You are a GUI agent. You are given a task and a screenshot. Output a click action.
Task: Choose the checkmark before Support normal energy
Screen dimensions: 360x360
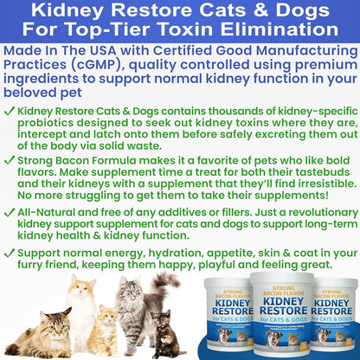point(10,272)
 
